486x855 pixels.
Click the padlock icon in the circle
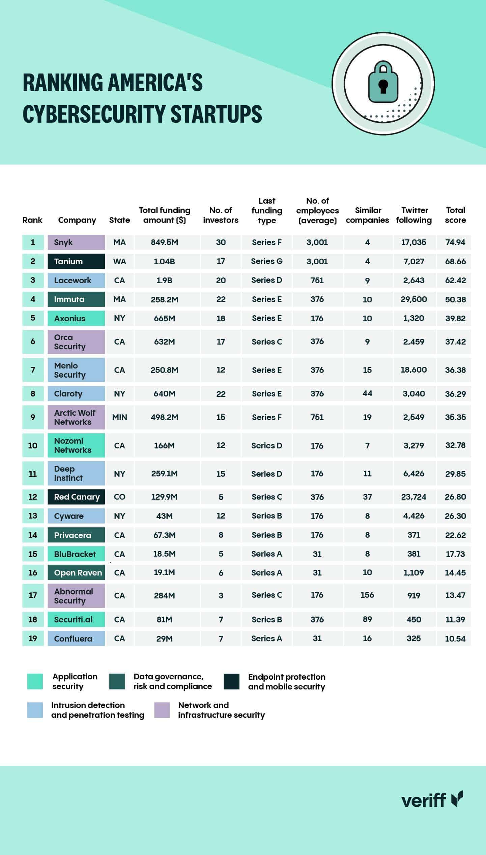pos(383,82)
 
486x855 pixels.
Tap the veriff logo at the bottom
pos(432,800)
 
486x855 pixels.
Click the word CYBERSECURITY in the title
pos(94,114)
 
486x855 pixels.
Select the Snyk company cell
pos(76,242)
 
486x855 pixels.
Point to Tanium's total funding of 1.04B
pos(165,262)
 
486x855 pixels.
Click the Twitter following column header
pos(414,215)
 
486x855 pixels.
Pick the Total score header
pos(455,215)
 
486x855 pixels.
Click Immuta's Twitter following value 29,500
pos(414,299)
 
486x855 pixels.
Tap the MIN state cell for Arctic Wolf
pos(119,417)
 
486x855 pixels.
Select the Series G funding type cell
pos(267,261)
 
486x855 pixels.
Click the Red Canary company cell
pos(76,497)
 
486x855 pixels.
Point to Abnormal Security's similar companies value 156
pos(367,595)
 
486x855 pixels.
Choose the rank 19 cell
pos(33,638)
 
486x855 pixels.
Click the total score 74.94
pos(455,242)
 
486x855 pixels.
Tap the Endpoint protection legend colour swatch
pos(232,682)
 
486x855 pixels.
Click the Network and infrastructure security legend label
pos(221,710)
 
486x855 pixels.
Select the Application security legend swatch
pos(35,681)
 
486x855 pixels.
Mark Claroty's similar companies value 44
pos(367,393)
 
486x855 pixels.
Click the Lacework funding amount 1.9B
pos(165,281)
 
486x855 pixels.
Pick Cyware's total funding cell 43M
pos(165,516)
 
